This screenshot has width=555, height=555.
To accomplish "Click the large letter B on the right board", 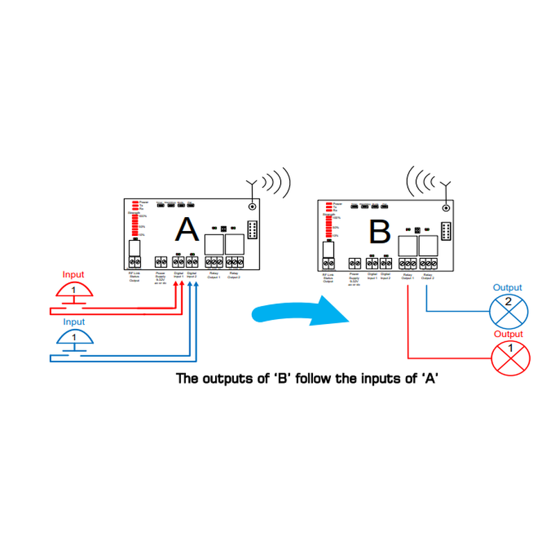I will (x=379, y=231).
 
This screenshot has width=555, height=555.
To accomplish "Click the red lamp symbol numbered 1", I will (x=510, y=357).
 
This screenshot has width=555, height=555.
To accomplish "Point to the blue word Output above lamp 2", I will (x=507, y=287).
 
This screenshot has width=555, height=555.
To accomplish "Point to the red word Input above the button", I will (x=74, y=275).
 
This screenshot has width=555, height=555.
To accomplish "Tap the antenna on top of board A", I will (x=252, y=186).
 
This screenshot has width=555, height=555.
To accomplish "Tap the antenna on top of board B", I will (x=447, y=186).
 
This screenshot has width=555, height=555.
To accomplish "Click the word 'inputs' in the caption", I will (x=375, y=379).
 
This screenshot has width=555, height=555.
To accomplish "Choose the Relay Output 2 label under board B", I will (x=427, y=277).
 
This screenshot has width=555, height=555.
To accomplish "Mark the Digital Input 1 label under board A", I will (x=179, y=275).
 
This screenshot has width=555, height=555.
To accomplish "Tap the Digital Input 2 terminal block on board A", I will (x=191, y=262).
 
